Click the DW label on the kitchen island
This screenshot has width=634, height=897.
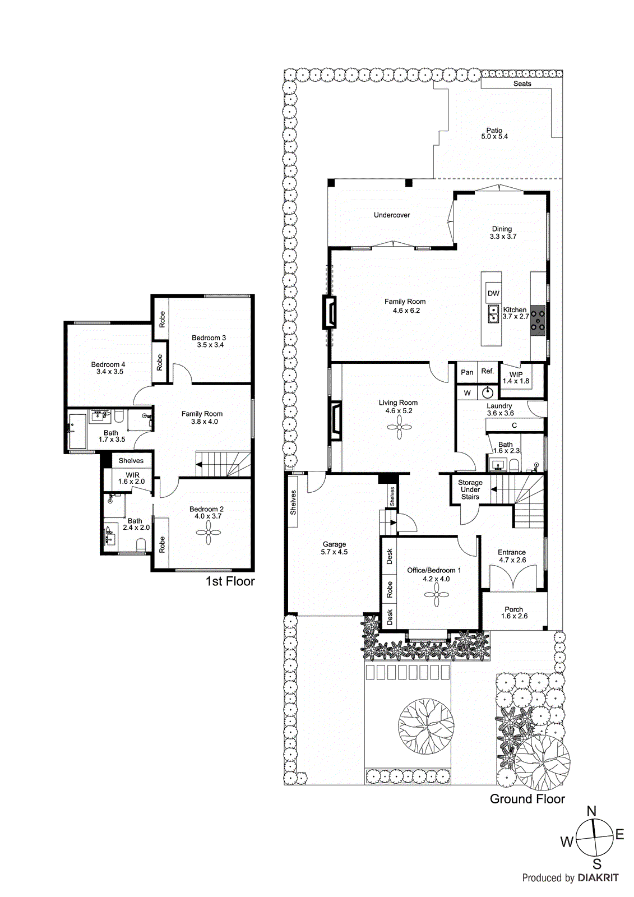tap(493, 293)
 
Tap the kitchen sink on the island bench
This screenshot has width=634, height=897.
tap(493, 314)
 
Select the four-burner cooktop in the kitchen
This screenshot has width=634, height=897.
tap(538, 320)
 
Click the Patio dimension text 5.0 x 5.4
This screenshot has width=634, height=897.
tap(494, 137)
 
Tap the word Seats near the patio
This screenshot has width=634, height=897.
tap(522, 84)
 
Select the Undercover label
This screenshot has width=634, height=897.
tap(392, 215)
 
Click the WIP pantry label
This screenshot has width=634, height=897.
tap(516, 374)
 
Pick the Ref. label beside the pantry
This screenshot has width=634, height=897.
tap(488, 371)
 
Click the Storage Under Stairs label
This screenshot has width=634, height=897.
tap(470, 489)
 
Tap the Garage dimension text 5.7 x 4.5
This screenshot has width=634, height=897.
tap(334, 552)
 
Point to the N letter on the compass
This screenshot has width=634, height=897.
tap(591, 811)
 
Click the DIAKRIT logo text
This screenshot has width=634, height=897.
tap(598, 878)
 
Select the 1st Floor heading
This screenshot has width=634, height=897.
tap(230, 581)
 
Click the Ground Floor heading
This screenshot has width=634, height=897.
tap(527, 799)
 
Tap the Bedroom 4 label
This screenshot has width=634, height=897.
tap(108, 364)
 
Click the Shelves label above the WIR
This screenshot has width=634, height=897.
tap(131, 461)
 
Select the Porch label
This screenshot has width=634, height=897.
tap(513, 609)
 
